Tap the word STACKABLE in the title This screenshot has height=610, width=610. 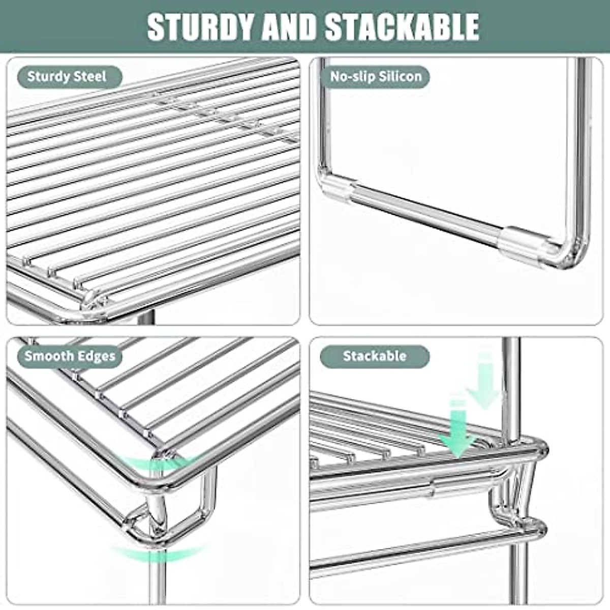coord(402,26)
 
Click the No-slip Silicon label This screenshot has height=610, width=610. coord(376,77)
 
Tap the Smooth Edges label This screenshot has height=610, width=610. coord(70,356)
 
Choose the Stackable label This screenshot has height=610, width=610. coord(375,356)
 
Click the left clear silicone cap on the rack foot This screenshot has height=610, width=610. coord(337,189)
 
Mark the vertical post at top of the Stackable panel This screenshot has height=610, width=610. coord(510,371)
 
